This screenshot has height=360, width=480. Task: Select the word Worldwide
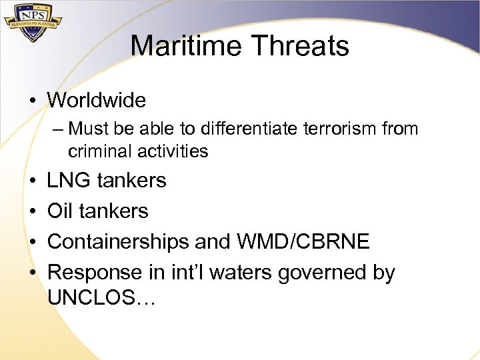(x=97, y=101)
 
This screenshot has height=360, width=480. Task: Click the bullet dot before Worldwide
(x=32, y=101)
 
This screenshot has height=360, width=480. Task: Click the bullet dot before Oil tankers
(x=32, y=211)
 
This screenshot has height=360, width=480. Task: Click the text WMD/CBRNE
(x=306, y=242)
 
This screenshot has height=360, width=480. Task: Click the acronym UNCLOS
(x=93, y=298)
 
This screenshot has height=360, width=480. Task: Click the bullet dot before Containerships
(x=32, y=242)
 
